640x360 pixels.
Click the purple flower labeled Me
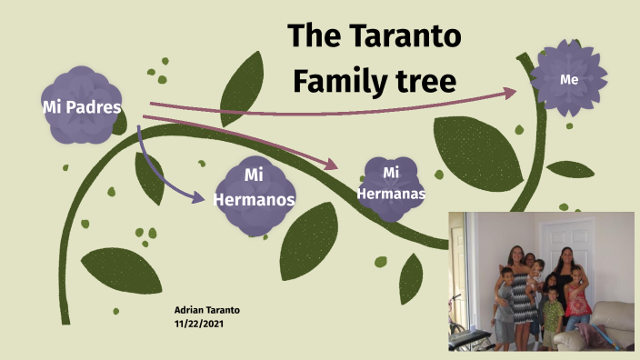[569, 79]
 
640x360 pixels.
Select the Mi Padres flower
[82, 106]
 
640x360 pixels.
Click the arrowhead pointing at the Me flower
[510, 93]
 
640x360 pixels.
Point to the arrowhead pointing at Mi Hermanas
[331, 165]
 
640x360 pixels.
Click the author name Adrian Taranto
[206, 310]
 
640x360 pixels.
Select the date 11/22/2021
[200, 323]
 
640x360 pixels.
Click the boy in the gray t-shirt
[503, 314]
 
